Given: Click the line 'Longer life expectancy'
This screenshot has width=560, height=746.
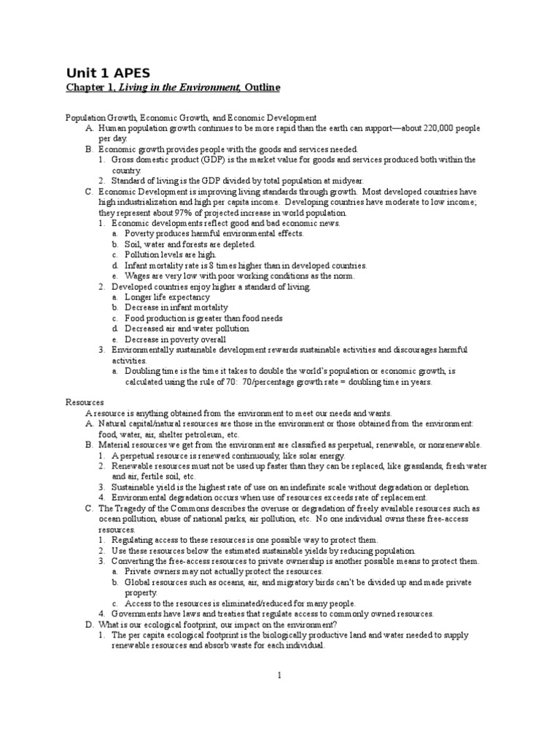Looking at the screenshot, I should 168,297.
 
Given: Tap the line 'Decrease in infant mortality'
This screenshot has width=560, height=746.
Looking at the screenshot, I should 173,307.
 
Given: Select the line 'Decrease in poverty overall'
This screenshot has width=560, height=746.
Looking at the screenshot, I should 175,339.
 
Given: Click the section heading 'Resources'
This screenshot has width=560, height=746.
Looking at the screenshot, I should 85,402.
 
